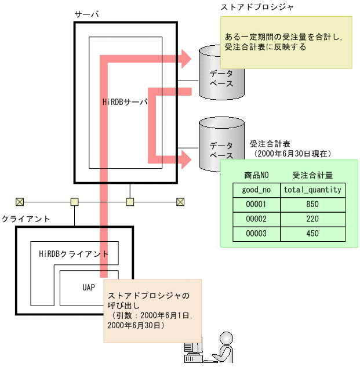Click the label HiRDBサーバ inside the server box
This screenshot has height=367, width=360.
[124, 102]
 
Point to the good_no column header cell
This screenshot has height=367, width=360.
[256, 190]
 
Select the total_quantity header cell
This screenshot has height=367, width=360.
[312, 190]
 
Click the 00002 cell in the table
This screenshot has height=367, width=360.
[256, 219]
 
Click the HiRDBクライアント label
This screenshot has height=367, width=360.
[74, 254]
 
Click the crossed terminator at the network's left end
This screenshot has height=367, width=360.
[20, 202]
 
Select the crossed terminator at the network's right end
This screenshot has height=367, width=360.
[180, 202]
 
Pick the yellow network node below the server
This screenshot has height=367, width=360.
[130, 202]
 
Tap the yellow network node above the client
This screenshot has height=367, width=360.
[74, 202]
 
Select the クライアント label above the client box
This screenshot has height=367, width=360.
[26, 219]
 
